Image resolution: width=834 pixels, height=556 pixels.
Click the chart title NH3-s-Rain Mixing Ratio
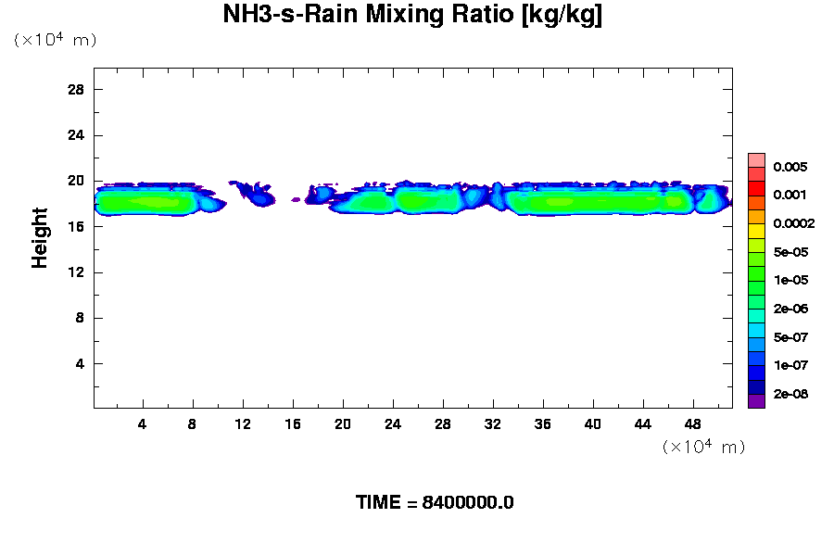coord(412,16)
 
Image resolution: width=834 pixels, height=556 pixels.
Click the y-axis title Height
coord(40,238)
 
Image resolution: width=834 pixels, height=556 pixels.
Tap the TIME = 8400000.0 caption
coord(435,503)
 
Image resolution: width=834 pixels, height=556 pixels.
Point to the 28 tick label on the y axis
coord(76,89)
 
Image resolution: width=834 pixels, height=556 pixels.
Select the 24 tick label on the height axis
coord(76,135)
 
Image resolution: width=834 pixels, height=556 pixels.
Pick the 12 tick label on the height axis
coord(76,272)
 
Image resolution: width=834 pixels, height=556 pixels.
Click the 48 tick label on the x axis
coord(692,423)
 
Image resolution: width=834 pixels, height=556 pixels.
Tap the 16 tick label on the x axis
coord(293,423)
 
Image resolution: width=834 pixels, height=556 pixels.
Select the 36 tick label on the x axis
coord(543,423)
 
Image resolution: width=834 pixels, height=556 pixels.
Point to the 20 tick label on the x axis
coord(343,423)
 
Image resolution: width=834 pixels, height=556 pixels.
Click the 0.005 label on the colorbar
coord(790,168)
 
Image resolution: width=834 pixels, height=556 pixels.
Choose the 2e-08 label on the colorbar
coord(790,395)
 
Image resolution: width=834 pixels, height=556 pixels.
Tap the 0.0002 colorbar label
coord(794,224)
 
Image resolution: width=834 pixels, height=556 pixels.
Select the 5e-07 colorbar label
coord(790,337)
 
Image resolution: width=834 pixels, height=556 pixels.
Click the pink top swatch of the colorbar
coord(756,160)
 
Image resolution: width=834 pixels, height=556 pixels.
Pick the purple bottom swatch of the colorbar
coord(756,401)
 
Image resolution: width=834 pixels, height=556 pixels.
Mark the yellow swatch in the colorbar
coord(756,231)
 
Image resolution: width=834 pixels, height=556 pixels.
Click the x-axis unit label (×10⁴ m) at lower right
coord(703,448)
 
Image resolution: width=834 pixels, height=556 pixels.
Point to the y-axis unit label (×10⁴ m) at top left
coord(55,40)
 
